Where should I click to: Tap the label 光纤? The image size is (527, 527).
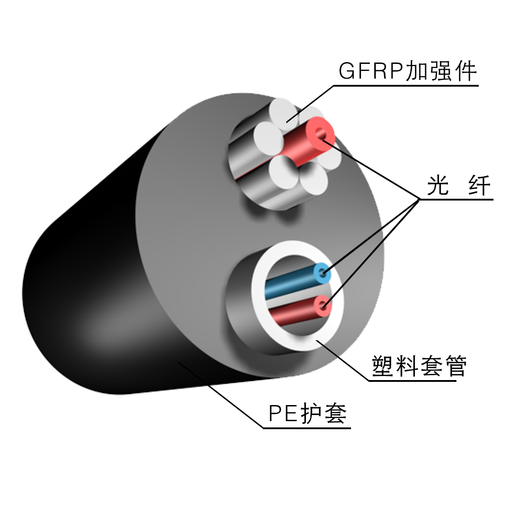coord(459,185)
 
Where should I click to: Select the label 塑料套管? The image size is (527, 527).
coord(419,366)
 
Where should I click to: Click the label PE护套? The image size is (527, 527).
coord(307,414)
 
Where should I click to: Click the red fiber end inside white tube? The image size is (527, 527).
coord(322,305)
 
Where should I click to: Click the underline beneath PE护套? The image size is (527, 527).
coord(307,428)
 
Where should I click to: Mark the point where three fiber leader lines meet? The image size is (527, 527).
coord(419,199)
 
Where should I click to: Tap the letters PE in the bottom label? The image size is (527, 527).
coord(283,414)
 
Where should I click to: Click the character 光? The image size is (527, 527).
coord(438,185)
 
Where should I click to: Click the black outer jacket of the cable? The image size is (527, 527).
coord(89,290)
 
